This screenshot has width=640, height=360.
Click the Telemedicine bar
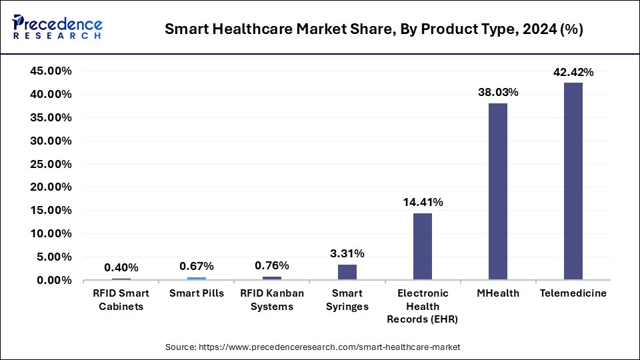573,181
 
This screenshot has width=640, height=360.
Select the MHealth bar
497,191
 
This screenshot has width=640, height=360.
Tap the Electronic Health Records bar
422,246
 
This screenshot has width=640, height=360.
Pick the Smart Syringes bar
347,272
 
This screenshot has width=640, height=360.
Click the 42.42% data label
573,72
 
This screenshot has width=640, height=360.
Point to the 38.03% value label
497,93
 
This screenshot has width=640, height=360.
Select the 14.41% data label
422,202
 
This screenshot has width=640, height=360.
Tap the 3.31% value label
347,253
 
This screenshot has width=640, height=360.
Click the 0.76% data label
271,265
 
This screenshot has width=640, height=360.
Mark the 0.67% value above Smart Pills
197,266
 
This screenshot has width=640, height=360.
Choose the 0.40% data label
121,267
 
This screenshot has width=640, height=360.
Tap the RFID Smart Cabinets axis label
121,300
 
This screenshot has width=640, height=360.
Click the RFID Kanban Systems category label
271,300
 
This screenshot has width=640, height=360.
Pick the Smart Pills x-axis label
197,293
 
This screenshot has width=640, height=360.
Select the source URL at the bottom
313,347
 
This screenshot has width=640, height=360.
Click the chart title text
374,30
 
